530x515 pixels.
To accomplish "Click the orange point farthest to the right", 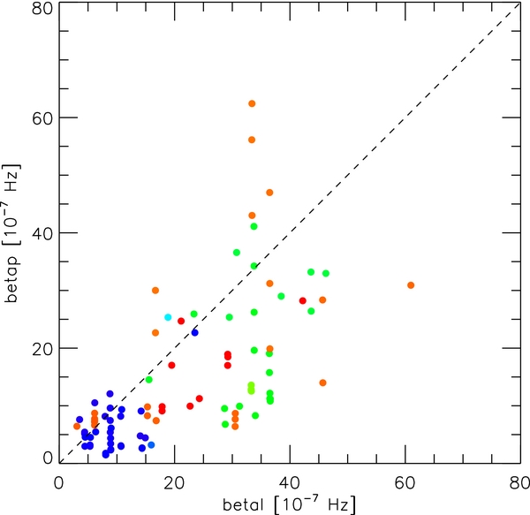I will (x=411, y=284).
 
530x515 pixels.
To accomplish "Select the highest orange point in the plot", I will (x=252, y=103).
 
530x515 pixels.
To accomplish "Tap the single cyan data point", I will (x=168, y=317).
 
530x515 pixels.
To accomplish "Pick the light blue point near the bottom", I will (x=151, y=445).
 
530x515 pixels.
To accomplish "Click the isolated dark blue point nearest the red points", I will (x=195, y=332).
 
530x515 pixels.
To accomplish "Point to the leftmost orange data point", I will (x=77, y=426).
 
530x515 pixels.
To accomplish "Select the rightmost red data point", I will (x=303, y=300).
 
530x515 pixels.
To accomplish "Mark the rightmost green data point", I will (x=326, y=273).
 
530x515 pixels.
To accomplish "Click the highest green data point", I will (x=254, y=226).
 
